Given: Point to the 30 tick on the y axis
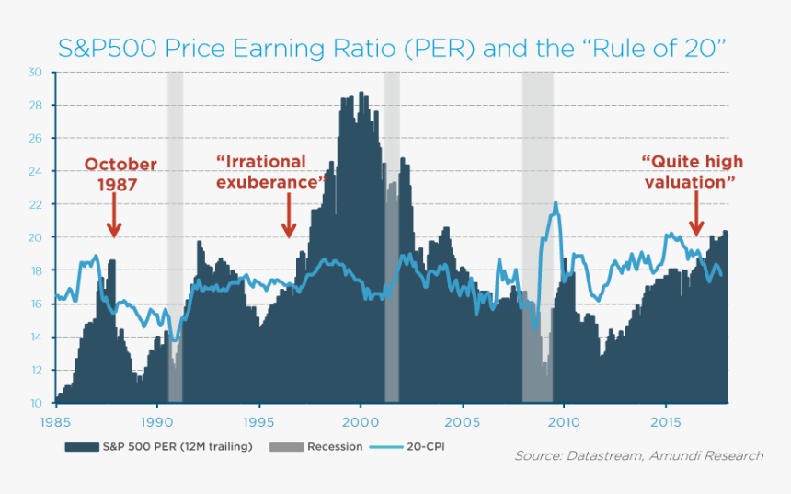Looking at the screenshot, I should pos(35,72).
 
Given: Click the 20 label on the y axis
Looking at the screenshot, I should pos(35,237).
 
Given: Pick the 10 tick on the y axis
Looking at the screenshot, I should pos(35,403).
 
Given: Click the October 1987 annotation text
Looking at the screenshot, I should pos(120,174).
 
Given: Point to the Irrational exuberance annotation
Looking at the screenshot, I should pos(272,172).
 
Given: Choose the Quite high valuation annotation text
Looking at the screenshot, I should pos(692,172).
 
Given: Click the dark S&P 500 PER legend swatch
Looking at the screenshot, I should pos(82,447).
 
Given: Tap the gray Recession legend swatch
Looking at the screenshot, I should pos(287,447).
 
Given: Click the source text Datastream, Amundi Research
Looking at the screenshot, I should pos(638,456).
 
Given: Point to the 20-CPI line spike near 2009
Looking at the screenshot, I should pos(556,204).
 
